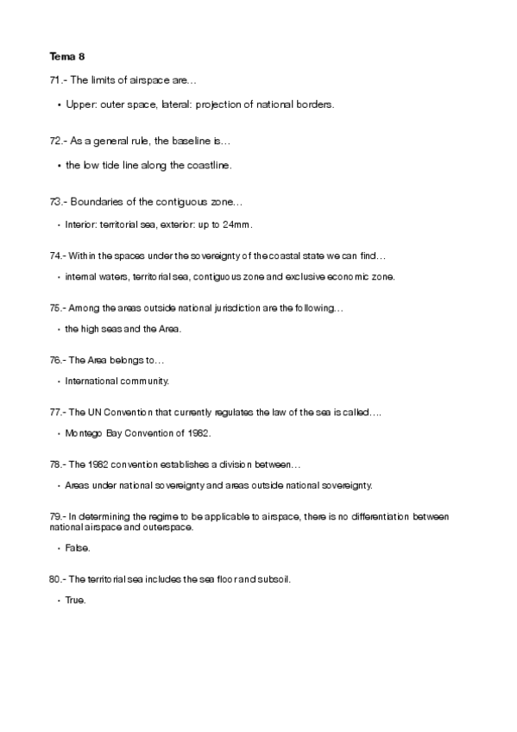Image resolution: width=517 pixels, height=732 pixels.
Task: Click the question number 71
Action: (57, 79)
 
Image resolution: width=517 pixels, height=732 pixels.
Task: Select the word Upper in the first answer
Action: (79, 104)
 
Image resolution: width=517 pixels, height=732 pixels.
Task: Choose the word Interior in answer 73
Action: (79, 224)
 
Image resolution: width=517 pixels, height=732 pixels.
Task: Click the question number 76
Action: (57, 359)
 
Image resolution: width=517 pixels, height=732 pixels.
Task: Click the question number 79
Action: (57, 516)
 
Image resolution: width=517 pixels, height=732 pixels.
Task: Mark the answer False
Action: (78, 548)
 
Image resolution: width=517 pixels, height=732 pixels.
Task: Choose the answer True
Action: (76, 600)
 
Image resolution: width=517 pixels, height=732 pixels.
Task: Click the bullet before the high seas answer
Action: (58, 329)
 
